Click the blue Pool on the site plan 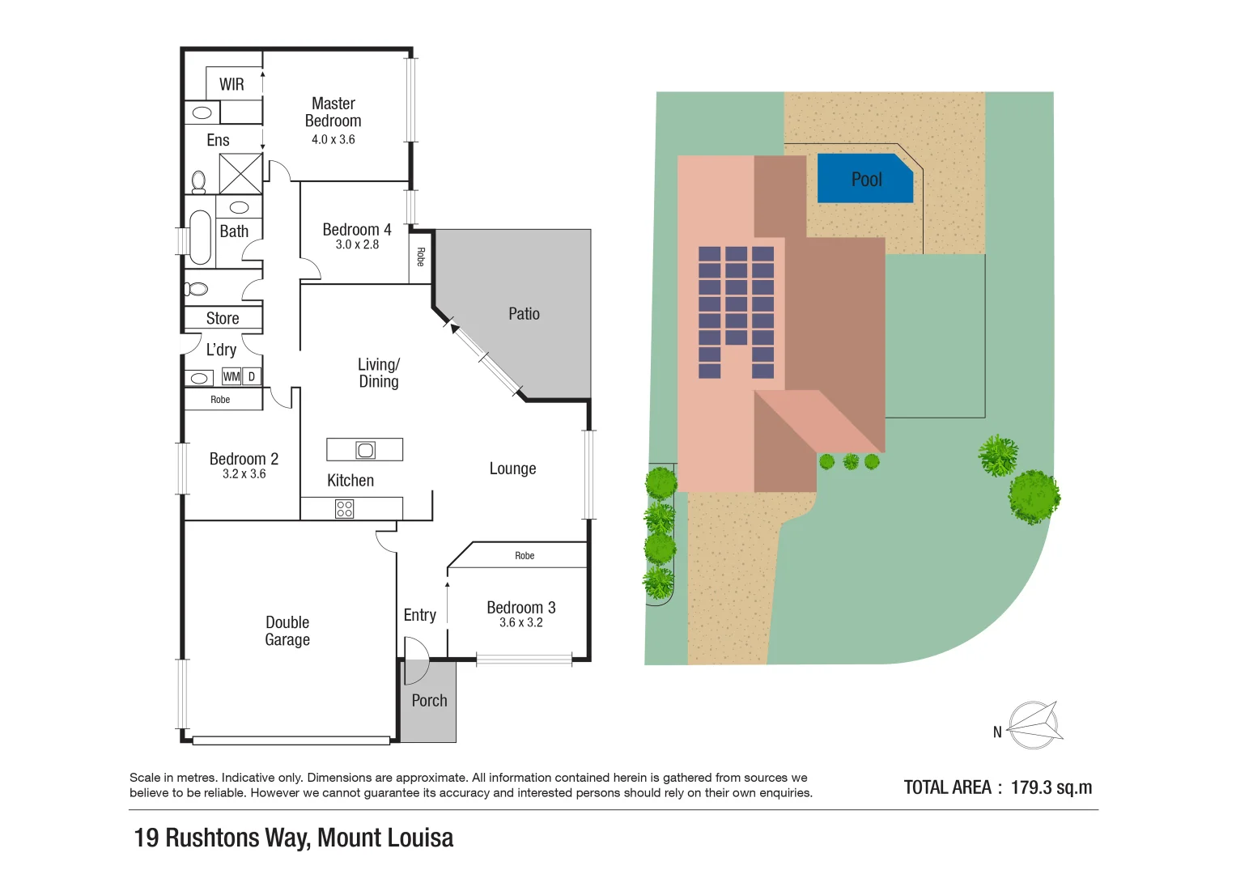(x=865, y=179)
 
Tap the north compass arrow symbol (x=1035, y=724)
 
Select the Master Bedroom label (x=333, y=112)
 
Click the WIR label (x=231, y=84)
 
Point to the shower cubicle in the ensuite (x=240, y=173)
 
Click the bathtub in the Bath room (x=200, y=237)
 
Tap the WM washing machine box (x=231, y=376)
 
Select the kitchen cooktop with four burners (x=344, y=508)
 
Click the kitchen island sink (x=366, y=450)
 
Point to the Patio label (x=524, y=314)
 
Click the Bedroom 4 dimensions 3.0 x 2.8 (x=357, y=244)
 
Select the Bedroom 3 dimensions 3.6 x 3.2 (x=520, y=622)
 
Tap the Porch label (x=429, y=701)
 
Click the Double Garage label (x=287, y=630)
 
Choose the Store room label (x=223, y=318)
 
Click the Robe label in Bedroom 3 (x=525, y=556)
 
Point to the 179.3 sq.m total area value (x=1051, y=787)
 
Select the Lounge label (x=512, y=469)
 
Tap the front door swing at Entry (x=416, y=650)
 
